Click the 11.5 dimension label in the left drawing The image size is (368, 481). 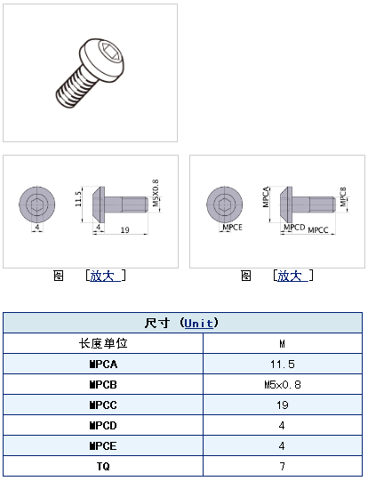pyautogui.click(x=78, y=199)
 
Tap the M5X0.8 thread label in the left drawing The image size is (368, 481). pyautogui.click(x=156, y=193)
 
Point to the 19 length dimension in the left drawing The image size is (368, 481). pyautogui.click(x=124, y=229)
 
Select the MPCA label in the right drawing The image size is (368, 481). pyautogui.click(x=266, y=196)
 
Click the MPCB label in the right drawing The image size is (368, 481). pyautogui.click(x=343, y=196)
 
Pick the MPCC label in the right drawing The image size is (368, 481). pyautogui.click(x=318, y=230)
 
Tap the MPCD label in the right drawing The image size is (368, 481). pyautogui.click(x=294, y=228)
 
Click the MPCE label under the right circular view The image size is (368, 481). pyautogui.click(x=232, y=228)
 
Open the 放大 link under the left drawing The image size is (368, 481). pyautogui.click(x=102, y=276)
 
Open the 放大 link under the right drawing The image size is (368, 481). pyautogui.click(x=290, y=276)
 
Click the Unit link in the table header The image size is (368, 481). pyautogui.click(x=199, y=324)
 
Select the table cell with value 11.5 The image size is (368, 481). pyautogui.click(x=283, y=365)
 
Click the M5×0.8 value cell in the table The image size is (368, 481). pyautogui.click(x=283, y=384)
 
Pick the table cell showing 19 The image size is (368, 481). pyautogui.click(x=283, y=405)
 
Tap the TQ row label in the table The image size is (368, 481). pyautogui.click(x=103, y=466)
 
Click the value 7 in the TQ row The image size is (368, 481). pyautogui.click(x=283, y=466)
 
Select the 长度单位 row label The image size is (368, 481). pyautogui.click(x=103, y=343)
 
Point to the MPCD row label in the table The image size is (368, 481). pyautogui.click(x=103, y=426)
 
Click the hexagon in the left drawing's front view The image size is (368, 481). pyautogui.click(x=37, y=204)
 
